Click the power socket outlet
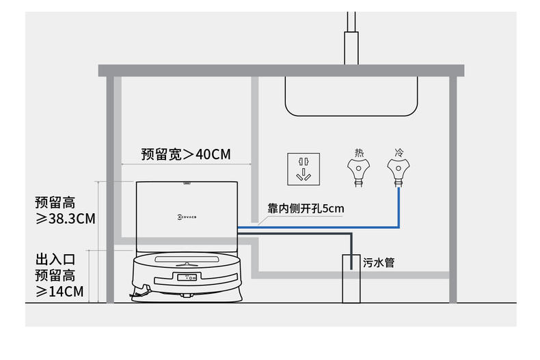[x=303, y=169]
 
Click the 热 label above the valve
[x=359, y=152]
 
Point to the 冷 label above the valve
[x=399, y=152]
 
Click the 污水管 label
[x=379, y=262]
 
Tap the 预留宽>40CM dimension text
[x=186, y=154]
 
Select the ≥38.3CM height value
[x=66, y=219]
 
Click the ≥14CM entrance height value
[x=59, y=292]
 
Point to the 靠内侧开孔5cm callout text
[x=306, y=208]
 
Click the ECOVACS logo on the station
[x=187, y=217]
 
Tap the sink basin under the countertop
[x=351, y=96]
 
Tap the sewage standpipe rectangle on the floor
[x=351, y=279]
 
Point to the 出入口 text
[x=55, y=259]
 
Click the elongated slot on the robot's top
[x=187, y=259]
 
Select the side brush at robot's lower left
[x=140, y=292]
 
